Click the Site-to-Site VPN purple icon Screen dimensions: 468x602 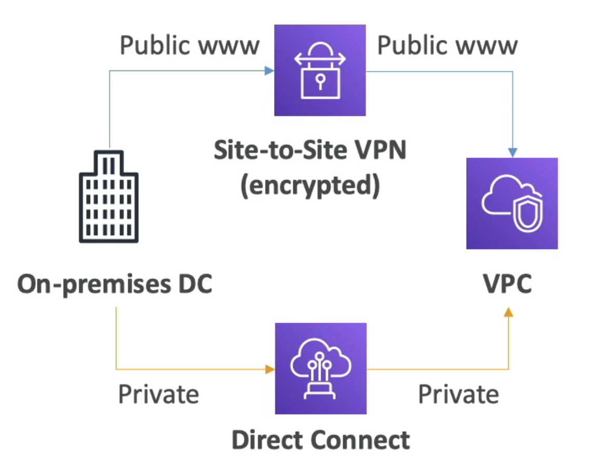(320, 70)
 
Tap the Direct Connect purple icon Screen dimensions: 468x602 (320, 368)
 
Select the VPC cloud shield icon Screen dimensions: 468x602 (512, 203)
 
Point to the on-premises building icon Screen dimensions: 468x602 (108, 197)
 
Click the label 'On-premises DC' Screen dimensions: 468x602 (115, 285)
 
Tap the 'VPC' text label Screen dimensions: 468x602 (507, 285)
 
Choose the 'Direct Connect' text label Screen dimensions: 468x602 (320, 439)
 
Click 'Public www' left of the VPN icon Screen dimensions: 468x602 (189, 46)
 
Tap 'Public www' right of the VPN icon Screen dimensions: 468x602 (447, 46)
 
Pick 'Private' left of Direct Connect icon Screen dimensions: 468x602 (158, 394)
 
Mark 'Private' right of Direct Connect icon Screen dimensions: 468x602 (458, 394)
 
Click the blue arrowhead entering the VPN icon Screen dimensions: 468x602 (269, 71)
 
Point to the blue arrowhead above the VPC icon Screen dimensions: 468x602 (513, 152)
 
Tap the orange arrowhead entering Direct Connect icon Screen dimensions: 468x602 (269, 369)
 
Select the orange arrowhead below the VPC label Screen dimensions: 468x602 (509, 311)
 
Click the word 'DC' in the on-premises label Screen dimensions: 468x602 (195, 285)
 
